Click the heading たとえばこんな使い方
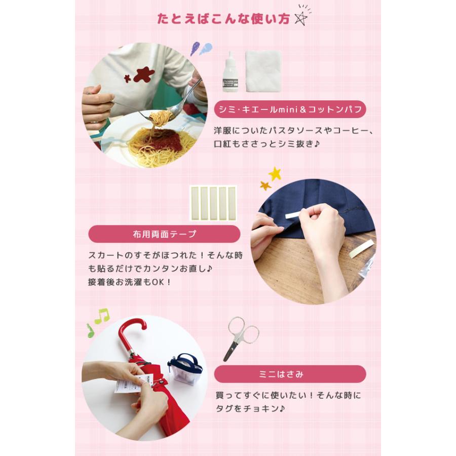click(223, 19)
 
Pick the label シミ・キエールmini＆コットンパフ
click(289, 109)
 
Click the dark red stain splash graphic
click(143, 75)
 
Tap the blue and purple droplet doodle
click(201, 49)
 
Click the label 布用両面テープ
click(164, 234)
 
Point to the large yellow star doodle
click(275, 174)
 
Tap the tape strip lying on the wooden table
click(361, 248)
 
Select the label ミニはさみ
click(289, 374)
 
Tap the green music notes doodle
click(98, 321)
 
